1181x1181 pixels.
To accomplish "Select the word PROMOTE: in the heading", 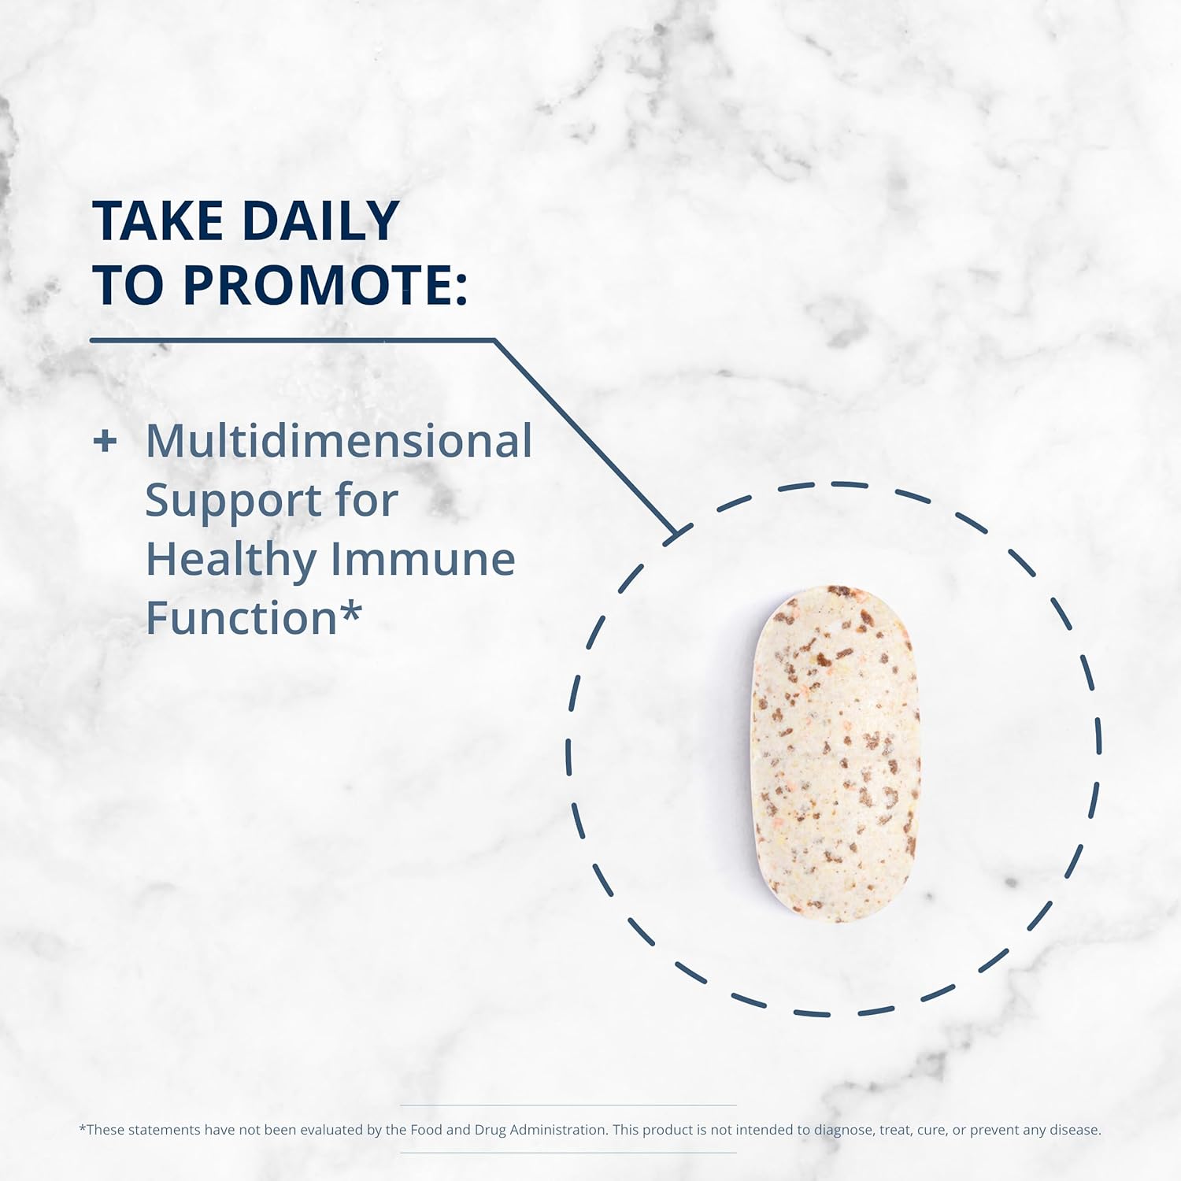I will pos(325,285).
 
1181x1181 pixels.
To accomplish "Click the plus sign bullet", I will pos(105,441).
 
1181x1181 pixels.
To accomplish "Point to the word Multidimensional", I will pos(339,441).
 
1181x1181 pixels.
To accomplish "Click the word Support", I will pos(233,502).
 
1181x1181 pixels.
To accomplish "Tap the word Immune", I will pos(423,559).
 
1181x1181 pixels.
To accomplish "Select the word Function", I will pos(241,618).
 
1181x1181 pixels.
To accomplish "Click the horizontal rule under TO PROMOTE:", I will pos(291,340).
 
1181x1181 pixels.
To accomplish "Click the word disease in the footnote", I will pos(1074,1130).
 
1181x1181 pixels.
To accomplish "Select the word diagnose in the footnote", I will pos(843,1130).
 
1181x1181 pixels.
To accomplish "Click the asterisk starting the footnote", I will pos(82,1129).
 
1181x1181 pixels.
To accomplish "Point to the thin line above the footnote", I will pos(568,1105).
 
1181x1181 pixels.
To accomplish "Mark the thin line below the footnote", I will pos(568,1153).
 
